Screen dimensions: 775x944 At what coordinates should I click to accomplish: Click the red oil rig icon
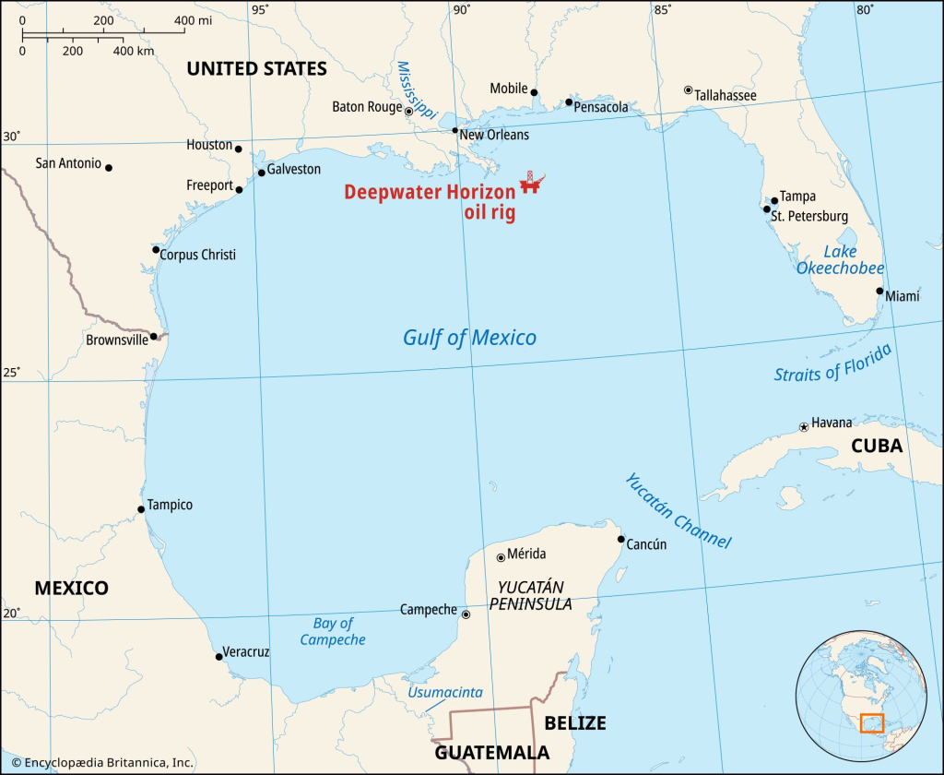(530, 182)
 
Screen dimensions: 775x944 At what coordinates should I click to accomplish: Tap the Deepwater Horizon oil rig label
(431, 202)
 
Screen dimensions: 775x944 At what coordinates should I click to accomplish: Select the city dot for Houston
(238, 149)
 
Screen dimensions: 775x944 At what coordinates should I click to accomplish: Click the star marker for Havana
(804, 427)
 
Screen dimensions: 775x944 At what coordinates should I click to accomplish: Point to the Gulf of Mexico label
(469, 338)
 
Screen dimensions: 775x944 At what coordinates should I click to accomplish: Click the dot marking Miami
(879, 291)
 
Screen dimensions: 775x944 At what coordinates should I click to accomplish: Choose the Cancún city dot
(621, 540)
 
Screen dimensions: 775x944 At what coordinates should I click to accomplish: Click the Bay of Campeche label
(333, 632)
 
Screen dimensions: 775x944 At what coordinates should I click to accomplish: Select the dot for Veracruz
(218, 657)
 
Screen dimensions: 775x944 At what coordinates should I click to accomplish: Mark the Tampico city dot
(140, 509)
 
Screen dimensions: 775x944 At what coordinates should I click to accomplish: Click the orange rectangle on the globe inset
(871, 723)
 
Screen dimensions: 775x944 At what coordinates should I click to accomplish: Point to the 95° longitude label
(260, 10)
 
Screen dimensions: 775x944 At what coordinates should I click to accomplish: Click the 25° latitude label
(11, 373)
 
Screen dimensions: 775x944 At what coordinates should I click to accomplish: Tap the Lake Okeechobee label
(841, 260)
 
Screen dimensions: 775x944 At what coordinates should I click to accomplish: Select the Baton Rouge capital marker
(409, 111)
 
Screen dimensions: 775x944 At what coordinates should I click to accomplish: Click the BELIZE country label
(575, 721)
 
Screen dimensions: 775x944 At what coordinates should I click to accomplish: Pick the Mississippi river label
(415, 89)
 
